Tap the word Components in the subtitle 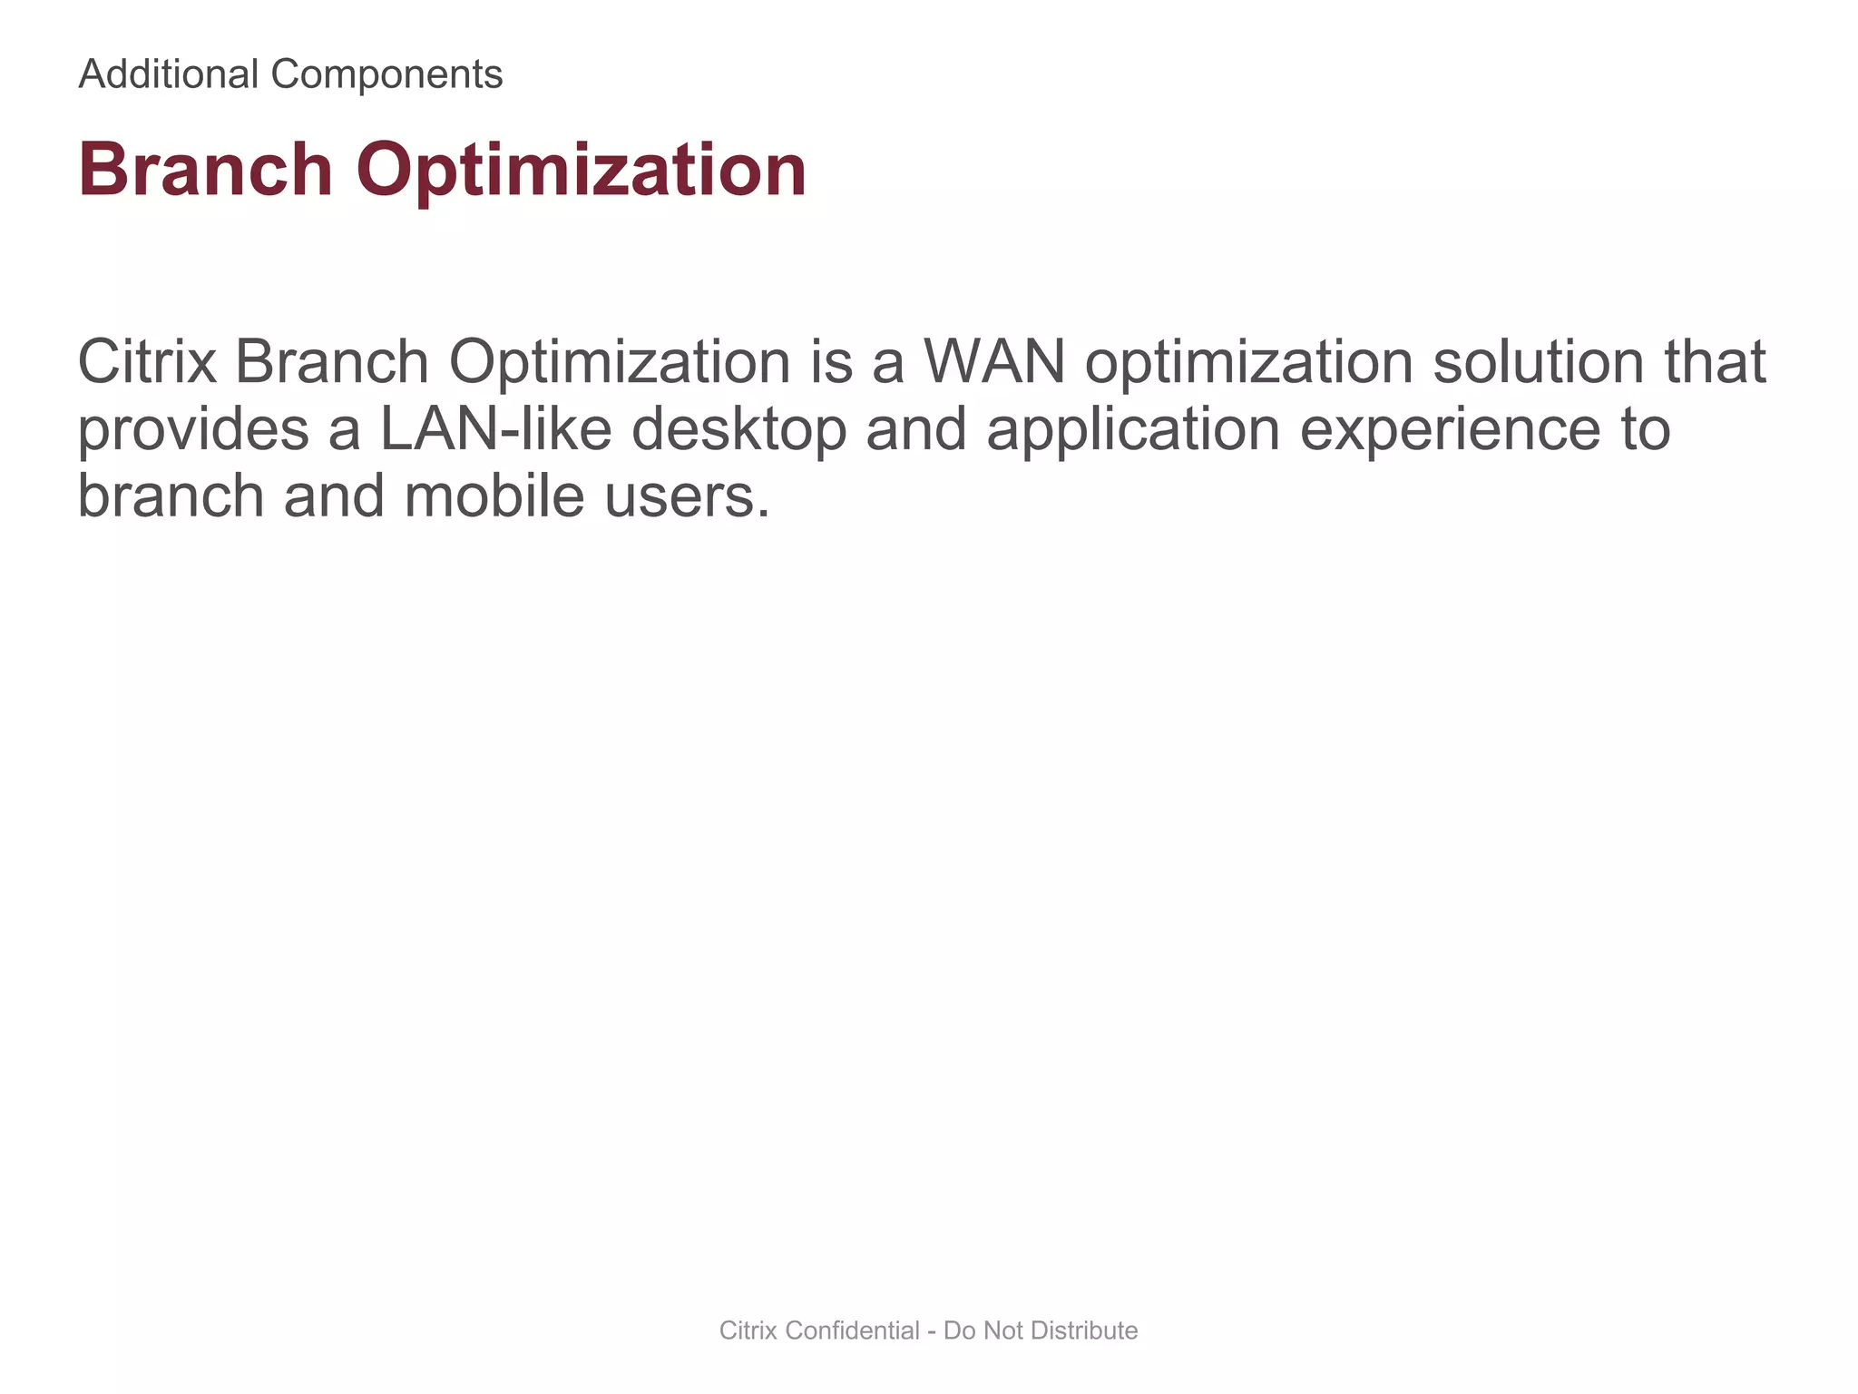pyautogui.click(x=386, y=74)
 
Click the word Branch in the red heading pyautogui.click(x=206, y=170)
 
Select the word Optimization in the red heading pyautogui.click(x=581, y=172)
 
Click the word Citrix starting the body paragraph pyautogui.click(x=146, y=361)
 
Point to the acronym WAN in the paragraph pyautogui.click(x=993, y=361)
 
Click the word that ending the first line pyautogui.click(x=1715, y=361)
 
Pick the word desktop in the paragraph pyautogui.click(x=738, y=430)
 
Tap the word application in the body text pyautogui.click(x=1133, y=430)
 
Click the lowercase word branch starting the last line pyautogui.click(x=171, y=497)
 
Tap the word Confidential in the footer pyautogui.click(x=854, y=1330)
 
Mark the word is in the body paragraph pyautogui.click(x=832, y=361)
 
